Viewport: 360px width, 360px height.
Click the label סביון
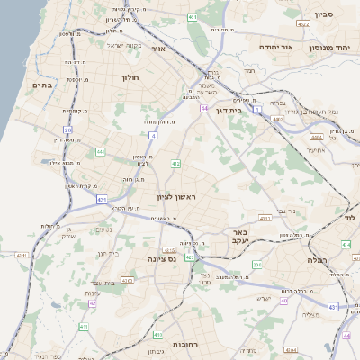click(323, 15)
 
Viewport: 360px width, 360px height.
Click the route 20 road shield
click(68, 130)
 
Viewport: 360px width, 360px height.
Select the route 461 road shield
click(192, 17)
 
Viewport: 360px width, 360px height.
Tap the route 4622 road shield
click(277, 117)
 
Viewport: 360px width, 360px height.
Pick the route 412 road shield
click(175, 164)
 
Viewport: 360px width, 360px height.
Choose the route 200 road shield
click(257, 264)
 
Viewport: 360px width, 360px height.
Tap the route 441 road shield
click(100, 151)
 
